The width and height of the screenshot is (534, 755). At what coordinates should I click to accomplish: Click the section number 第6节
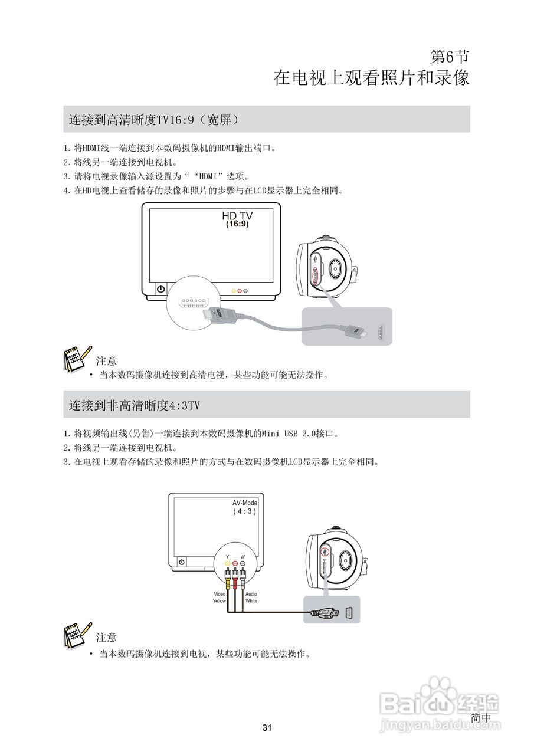pyautogui.click(x=450, y=57)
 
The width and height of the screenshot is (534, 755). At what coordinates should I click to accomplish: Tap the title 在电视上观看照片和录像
pyautogui.click(x=371, y=78)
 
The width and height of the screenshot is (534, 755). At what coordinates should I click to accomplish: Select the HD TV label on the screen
pyautogui.click(x=237, y=216)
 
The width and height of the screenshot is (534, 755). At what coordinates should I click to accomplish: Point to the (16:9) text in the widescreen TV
pyautogui.click(x=237, y=225)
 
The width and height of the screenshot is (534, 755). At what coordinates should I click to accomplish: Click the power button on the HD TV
pyautogui.click(x=160, y=289)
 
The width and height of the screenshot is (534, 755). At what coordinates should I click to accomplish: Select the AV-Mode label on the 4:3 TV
pyautogui.click(x=245, y=503)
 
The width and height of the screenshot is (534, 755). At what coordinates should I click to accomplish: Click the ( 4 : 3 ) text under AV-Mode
pyautogui.click(x=244, y=511)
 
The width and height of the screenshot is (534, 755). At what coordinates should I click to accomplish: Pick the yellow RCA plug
pyautogui.click(x=228, y=573)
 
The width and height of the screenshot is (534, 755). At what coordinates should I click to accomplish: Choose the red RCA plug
pyautogui.click(x=235, y=573)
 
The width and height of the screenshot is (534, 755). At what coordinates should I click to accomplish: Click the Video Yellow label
pyautogui.click(x=220, y=597)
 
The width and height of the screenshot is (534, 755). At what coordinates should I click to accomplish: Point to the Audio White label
pyautogui.click(x=251, y=597)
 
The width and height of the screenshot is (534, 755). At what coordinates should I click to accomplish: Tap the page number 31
pyautogui.click(x=267, y=728)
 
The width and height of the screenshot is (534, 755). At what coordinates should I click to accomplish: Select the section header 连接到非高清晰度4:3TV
pyautogui.click(x=135, y=405)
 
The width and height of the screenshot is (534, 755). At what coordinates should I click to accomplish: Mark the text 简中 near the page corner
pyautogui.click(x=481, y=717)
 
